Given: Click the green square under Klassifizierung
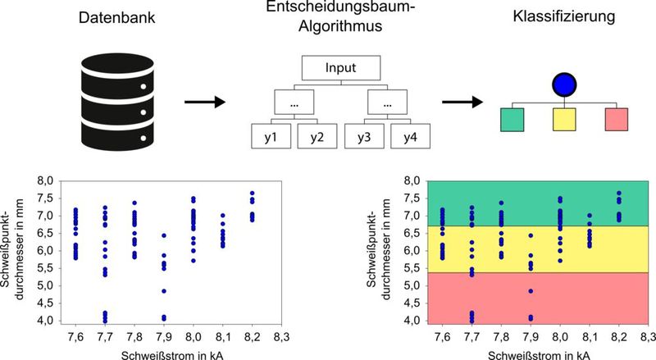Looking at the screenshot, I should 512,120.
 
